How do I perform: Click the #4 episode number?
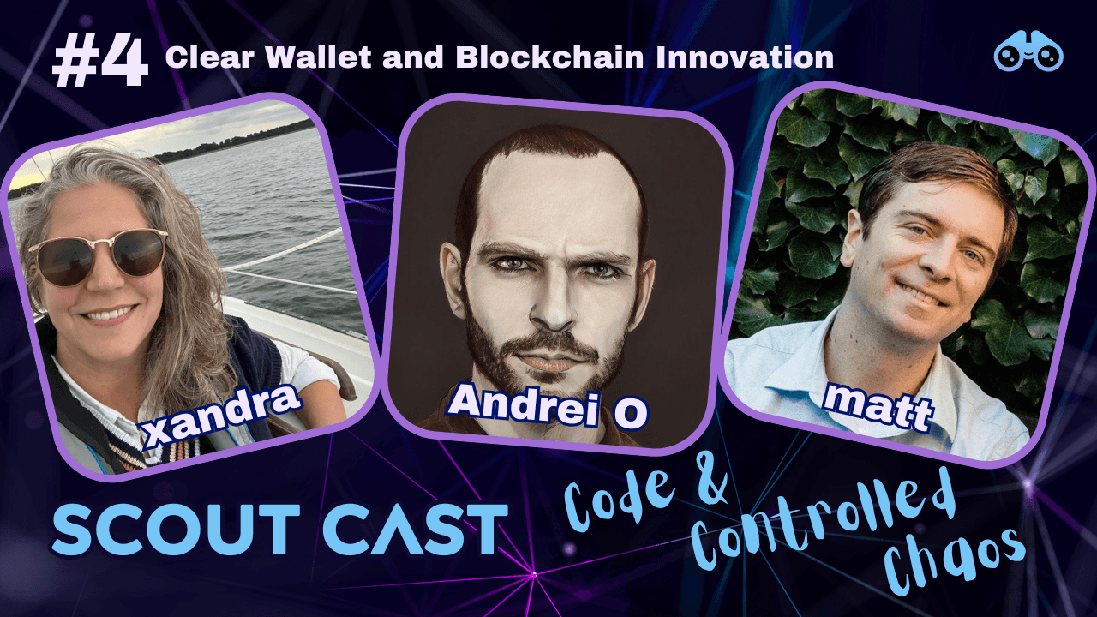[99, 63]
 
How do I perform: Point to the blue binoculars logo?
[1028, 54]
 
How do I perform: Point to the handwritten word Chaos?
[956, 561]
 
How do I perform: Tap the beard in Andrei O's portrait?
[549, 360]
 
